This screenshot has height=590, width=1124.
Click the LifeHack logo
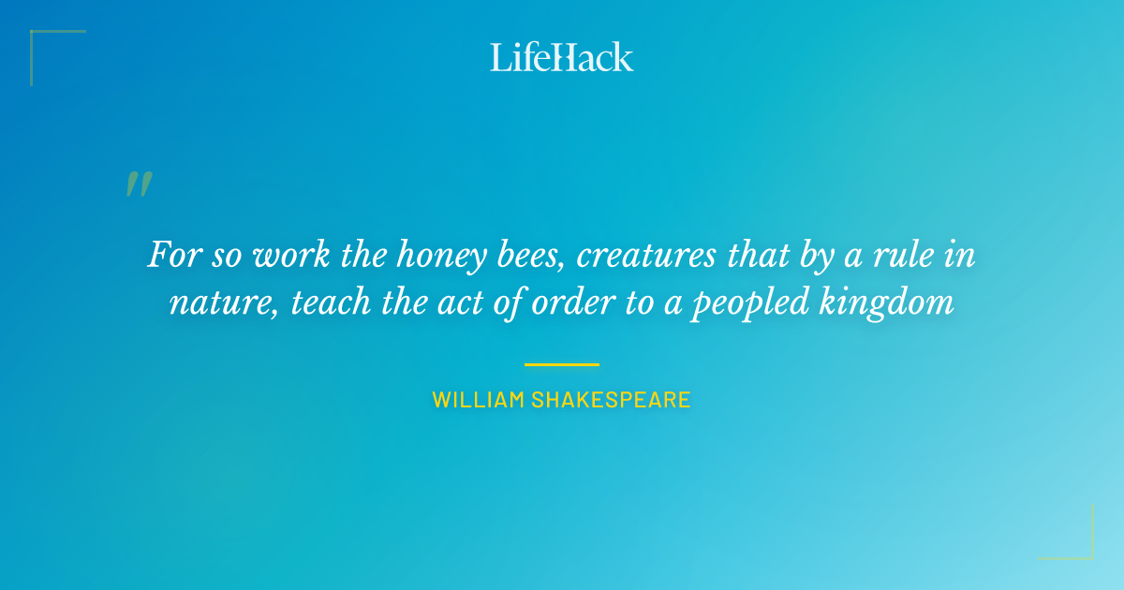pyautogui.click(x=562, y=57)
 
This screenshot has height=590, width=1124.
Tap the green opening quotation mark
pyautogui.click(x=139, y=184)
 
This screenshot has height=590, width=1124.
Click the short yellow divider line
pyautogui.click(x=562, y=364)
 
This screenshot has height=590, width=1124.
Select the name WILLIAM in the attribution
pyautogui.click(x=478, y=400)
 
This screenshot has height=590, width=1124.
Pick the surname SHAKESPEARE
pyautogui.click(x=611, y=400)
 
